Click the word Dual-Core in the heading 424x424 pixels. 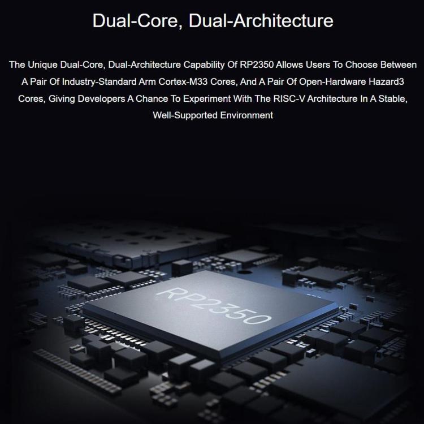point(138,21)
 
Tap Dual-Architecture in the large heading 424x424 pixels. point(261,21)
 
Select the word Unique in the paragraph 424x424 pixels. point(43,65)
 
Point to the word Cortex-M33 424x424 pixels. point(183,81)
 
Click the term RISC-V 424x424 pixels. point(289,99)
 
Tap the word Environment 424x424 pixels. point(246,115)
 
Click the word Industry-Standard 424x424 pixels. point(99,81)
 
